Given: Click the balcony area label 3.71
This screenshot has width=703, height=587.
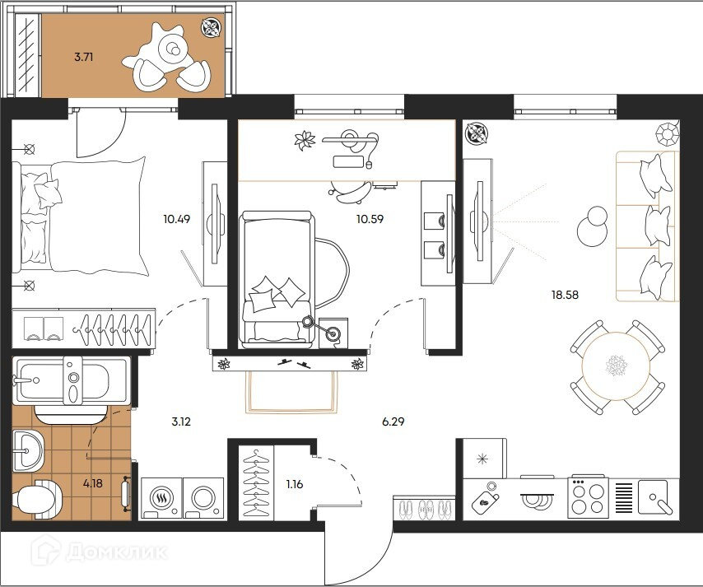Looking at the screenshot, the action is tap(83, 57).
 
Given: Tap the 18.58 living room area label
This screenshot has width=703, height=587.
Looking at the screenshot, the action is tap(565, 295).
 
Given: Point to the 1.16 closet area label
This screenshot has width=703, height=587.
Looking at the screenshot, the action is tap(295, 484).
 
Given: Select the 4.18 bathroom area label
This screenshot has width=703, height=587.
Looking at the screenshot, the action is tap(93, 483).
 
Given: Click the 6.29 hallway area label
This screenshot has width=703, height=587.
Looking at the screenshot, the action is tap(393, 422).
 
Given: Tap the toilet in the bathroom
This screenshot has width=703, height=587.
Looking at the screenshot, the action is tap(37, 497).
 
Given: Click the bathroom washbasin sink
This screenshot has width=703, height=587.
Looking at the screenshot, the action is tap(27, 450).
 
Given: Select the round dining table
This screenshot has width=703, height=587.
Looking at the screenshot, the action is tap(616, 366).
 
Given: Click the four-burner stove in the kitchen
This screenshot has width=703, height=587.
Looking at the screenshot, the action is tap(588, 498).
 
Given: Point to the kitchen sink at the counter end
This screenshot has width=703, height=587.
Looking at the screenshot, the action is tap(654, 497).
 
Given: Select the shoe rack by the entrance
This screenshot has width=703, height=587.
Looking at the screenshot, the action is tap(424, 508).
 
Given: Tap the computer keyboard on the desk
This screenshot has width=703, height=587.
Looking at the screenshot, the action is tap(348, 161).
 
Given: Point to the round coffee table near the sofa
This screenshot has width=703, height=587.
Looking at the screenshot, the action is tap(591, 226).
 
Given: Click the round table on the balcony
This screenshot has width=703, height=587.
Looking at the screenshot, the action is tap(172, 48).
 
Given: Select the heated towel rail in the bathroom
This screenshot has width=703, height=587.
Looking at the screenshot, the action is tap(126, 494).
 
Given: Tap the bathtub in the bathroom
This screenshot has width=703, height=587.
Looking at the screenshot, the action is tap(72, 380).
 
